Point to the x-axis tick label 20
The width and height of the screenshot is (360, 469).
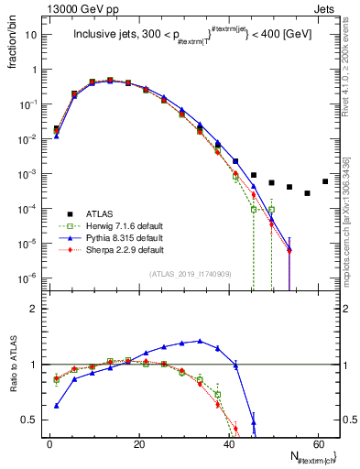click(x=138, y=442)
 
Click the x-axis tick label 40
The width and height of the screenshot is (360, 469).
click(x=228, y=442)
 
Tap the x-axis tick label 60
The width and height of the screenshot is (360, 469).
click(x=317, y=442)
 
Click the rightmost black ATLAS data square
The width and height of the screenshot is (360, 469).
click(x=325, y=181)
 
